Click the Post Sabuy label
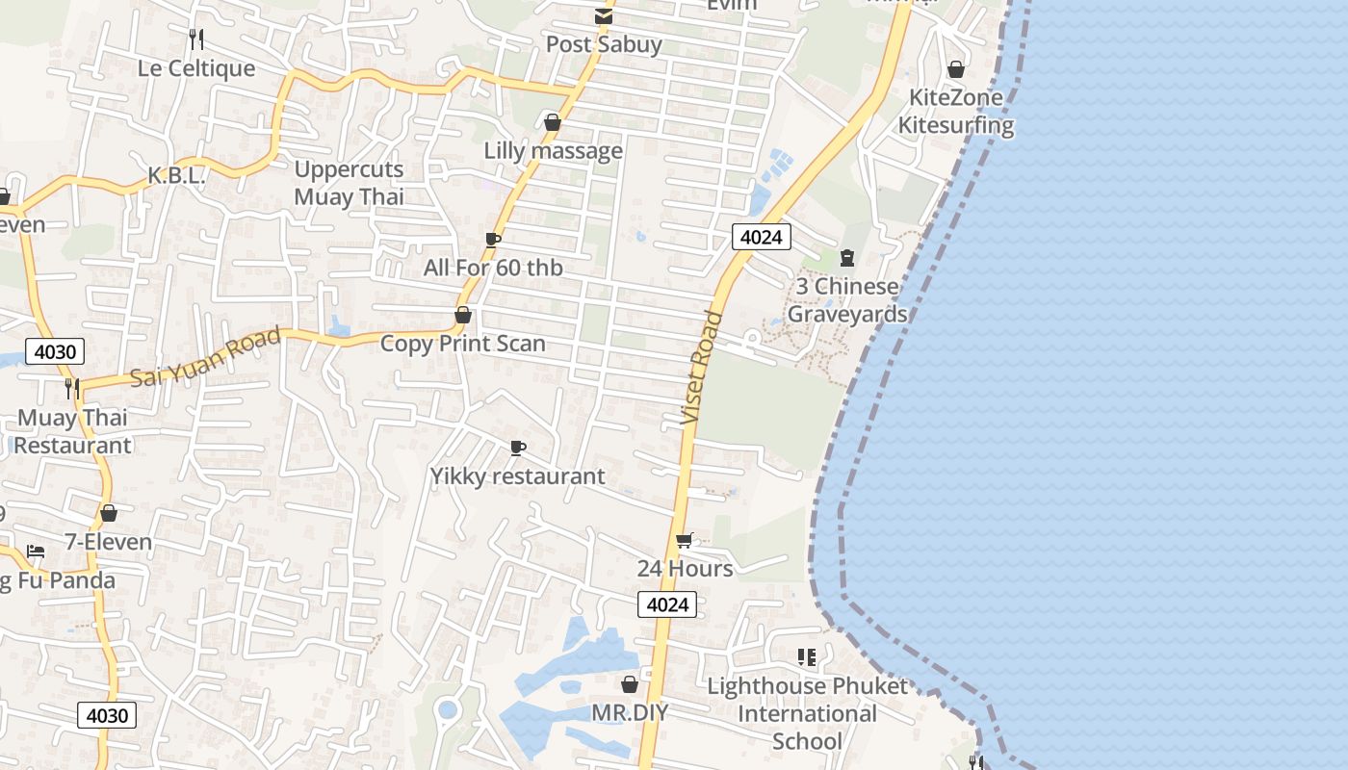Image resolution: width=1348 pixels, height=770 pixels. coord(604,44)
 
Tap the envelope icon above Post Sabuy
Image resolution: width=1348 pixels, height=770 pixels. coord(604,16)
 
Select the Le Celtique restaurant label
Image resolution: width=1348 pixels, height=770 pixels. coord(196,68)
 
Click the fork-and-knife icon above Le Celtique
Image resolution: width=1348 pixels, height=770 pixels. coord(196,38)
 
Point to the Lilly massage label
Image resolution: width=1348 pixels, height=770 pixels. coord(553,151)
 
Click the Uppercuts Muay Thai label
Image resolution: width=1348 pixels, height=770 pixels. coord(349,183)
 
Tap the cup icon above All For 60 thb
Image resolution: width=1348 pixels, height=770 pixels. coord(493,240)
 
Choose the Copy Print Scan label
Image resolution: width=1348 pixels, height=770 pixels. coord(462,344)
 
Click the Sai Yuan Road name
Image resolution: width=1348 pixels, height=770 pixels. coord(205,356)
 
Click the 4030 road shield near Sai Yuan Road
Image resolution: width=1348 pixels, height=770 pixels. coord(55,351)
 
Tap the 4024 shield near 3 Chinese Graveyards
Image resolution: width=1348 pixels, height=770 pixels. coord(761,237)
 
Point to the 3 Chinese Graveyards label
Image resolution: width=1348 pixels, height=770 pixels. coord(847,300)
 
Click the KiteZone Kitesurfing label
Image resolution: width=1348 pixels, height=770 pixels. coord(956,111)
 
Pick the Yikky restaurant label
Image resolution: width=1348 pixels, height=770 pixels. coord(517,476)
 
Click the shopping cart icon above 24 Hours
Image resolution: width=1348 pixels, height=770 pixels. coord(684,540)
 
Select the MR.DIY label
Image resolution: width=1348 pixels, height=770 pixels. coord(630,713)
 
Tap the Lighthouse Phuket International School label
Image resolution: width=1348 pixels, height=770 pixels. coord(807,713)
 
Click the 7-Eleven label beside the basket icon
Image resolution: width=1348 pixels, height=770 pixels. coord(108,542)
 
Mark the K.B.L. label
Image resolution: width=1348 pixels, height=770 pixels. coord(176,176)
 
